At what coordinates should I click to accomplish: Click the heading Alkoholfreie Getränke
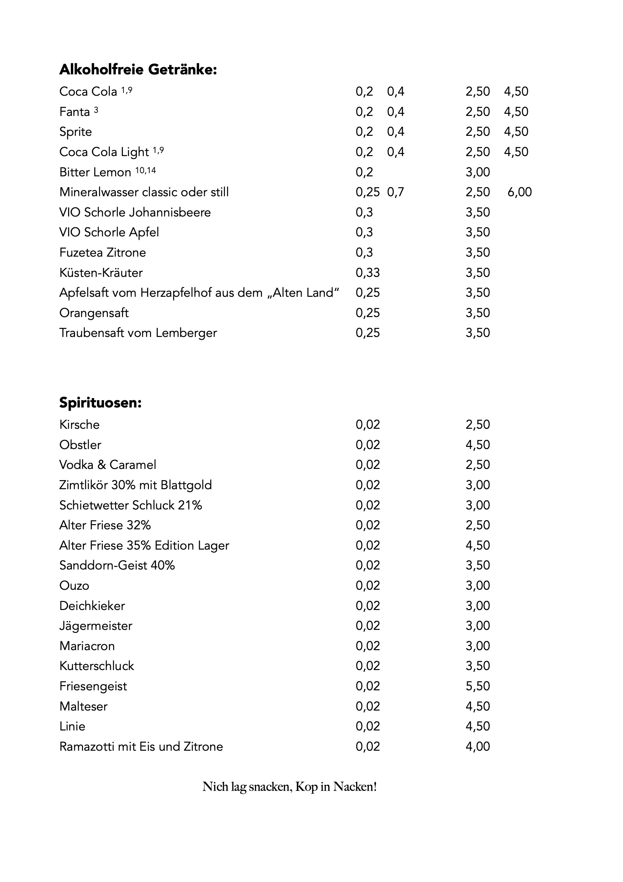[138, 69]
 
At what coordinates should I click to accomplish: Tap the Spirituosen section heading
[100, 403]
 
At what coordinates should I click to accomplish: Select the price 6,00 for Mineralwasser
[519, 192]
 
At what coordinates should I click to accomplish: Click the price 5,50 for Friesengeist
[478, 686]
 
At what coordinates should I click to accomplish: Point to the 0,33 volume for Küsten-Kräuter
[367, 272]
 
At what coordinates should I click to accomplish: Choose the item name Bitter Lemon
[95, 172]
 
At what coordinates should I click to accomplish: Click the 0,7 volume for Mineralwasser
[395, 192]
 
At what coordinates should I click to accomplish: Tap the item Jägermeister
[96, 625]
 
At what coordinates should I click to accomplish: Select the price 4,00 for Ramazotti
[478, 746]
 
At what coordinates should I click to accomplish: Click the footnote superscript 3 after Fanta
[96, 110]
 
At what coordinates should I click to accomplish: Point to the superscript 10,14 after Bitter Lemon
[146, 170]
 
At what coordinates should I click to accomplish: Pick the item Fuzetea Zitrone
[103, 252]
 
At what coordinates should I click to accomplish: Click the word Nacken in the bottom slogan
[355, 787]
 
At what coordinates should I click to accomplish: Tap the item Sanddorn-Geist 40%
[117, 565]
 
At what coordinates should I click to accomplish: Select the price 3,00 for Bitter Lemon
[478, 172]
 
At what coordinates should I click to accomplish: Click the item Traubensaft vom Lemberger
[138, 333]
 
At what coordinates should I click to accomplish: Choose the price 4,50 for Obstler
[478, 444]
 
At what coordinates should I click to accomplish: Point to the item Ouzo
[74, 586]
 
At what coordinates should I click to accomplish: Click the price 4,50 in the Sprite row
[516, 131]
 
